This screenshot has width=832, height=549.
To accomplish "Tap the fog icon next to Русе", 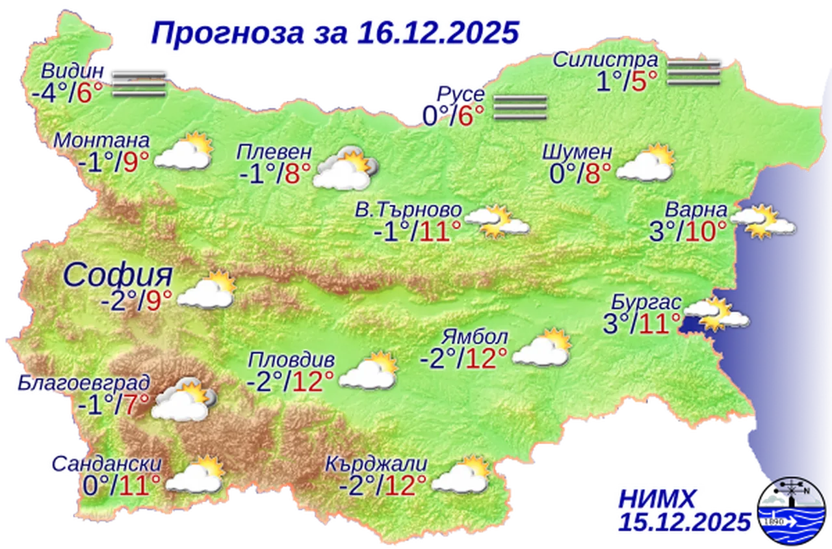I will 519,107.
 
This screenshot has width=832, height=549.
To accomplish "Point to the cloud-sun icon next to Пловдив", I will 368,371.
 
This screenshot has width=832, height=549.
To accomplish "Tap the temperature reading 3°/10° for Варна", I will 687,231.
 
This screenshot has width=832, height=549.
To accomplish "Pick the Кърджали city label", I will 376,464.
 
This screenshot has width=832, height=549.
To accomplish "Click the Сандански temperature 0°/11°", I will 122,485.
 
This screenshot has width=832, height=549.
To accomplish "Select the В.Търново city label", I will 408,210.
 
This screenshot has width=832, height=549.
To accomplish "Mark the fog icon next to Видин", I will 137,84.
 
